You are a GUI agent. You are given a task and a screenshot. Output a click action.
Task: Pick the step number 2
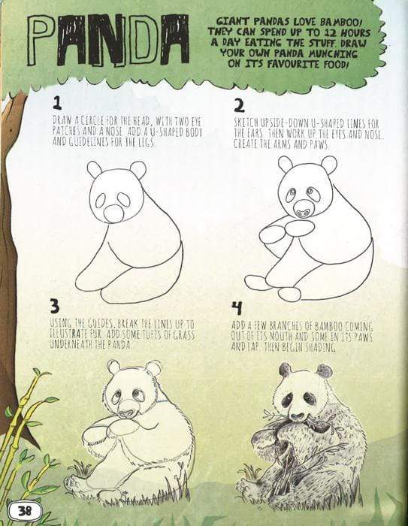(x=239, y=104)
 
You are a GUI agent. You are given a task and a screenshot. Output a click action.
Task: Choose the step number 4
(x=237, y=307)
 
